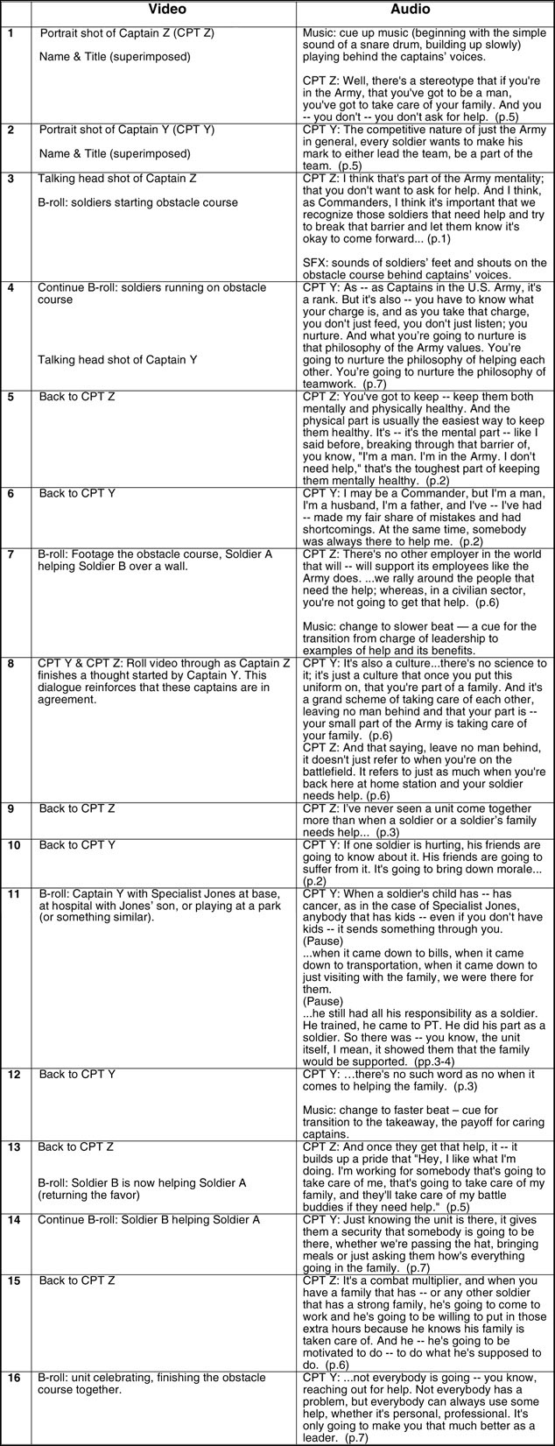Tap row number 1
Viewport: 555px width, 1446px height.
(11, 33)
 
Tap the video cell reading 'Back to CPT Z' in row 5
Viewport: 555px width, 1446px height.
(77, 397)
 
